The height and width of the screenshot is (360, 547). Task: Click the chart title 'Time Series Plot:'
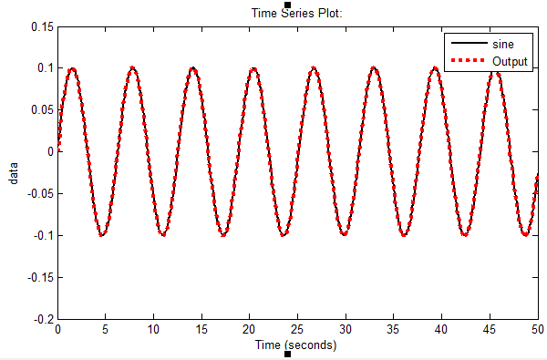pos(289,14)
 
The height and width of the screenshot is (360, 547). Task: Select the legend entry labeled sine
pos(501,44)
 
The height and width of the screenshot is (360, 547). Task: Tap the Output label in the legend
pos(510,60)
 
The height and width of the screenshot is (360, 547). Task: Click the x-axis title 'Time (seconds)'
pos(295,345)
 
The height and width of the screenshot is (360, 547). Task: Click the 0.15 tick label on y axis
pos(42,26)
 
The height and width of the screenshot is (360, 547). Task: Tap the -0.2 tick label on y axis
pos(43,320)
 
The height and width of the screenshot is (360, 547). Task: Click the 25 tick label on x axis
pos(297,330)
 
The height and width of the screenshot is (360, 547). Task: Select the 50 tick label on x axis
pos(536,330)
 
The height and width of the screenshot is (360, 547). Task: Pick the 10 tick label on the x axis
pos(154,330)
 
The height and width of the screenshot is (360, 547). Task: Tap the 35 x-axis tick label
pos(393,330)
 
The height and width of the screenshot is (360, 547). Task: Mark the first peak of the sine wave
pos(73,68)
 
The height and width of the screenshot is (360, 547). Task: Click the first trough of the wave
pos(103,235)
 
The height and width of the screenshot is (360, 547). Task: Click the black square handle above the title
pos(288,5)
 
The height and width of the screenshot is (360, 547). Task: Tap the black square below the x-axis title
pos(288,355)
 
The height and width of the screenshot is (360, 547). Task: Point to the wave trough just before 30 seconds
pos(344,235)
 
